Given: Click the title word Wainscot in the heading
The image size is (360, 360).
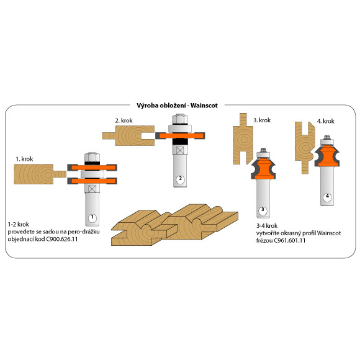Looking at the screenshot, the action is click(204, 106).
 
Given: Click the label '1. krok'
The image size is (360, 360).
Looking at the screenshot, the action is click(24, 159).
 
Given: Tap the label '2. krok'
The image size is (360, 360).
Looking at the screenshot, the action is click(124, 120).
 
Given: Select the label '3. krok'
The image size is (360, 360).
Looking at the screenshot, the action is click(262, 120).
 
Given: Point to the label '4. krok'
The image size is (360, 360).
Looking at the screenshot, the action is click(326, 121).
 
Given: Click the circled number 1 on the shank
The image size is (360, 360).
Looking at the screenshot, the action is click(92, 217).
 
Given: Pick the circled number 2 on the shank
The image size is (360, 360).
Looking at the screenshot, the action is click(180, 179).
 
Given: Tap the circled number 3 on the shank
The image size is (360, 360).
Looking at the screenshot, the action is click(263, 210).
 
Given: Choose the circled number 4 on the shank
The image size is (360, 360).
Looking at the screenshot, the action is click(327, 197).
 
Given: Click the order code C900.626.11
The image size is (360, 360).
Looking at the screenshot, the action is click(62, 239).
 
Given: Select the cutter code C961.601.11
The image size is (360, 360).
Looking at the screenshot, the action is click(290, 240).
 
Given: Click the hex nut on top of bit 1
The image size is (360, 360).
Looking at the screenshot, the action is click(92, 157).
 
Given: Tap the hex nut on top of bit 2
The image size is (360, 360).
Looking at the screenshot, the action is click(180, 119).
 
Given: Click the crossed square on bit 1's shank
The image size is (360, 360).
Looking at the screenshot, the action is click(92, 189).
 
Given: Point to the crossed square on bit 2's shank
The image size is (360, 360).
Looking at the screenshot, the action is click(180, 150).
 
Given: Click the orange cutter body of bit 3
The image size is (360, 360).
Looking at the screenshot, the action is click(263, 169).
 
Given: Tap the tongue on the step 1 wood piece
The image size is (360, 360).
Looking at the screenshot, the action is click(60, 174).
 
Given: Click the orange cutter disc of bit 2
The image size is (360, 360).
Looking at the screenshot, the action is click(180, 136).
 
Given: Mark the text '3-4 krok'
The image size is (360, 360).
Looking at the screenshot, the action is click(267, 225).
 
